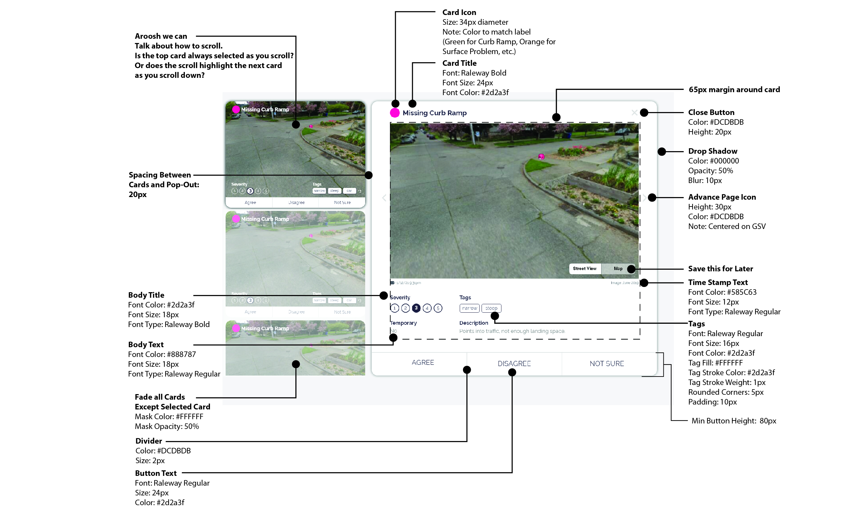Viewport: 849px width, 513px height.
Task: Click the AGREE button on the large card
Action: (423, 363)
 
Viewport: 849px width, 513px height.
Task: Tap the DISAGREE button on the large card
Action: (514, 363)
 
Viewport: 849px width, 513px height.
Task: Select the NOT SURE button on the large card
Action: (607, 363)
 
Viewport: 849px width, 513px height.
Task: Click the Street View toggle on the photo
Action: (585, 268)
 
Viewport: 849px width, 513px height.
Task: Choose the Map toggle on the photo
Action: (618, 268)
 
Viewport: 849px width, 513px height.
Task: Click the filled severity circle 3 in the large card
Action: (416, 308)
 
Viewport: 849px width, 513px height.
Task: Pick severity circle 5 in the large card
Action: (438, 308)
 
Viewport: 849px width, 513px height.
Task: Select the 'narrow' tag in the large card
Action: (469, 308)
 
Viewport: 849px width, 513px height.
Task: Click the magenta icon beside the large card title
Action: (395, 113)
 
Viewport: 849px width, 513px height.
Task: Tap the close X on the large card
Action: (634, 113)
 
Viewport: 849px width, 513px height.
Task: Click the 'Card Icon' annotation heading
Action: (459, 12)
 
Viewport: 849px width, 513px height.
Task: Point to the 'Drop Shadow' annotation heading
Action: (713, 151)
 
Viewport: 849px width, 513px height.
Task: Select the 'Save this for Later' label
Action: (720, 268)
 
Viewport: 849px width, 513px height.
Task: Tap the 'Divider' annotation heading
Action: (148, 441)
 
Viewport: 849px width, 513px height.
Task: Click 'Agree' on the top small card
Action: (250, 203)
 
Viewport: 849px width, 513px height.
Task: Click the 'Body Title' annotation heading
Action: (146, 295)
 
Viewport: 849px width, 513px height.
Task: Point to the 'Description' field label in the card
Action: (473, 323)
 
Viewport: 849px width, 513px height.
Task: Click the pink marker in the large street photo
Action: (541, 157)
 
